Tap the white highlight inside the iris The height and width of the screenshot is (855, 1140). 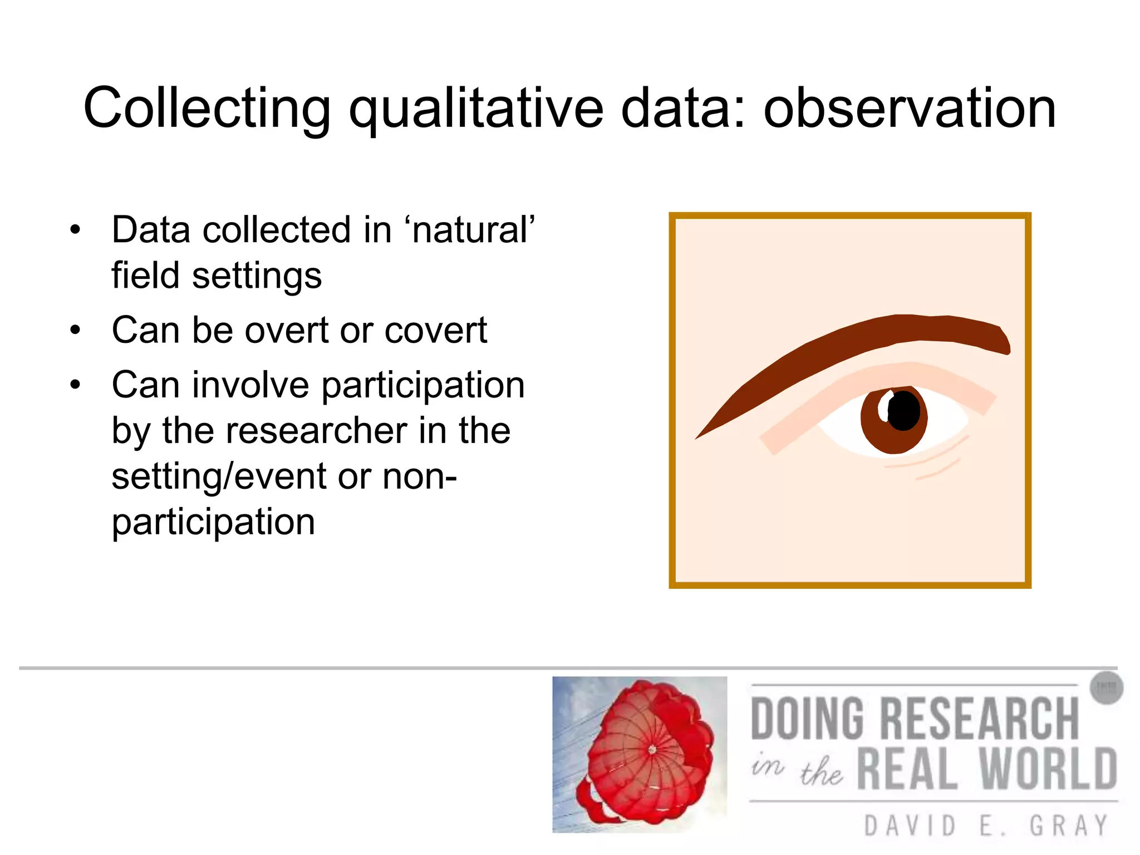tap(883, 407)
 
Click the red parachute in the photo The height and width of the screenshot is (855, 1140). tap(646, 751)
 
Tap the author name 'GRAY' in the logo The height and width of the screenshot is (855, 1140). tap(1069, 825)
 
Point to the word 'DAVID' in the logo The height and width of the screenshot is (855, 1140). tap(910, 825)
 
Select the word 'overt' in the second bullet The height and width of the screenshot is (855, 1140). tap(287, 331)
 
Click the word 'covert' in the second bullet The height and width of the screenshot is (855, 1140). tap(436, 331)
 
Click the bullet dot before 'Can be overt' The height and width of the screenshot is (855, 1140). tap(76, 331)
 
